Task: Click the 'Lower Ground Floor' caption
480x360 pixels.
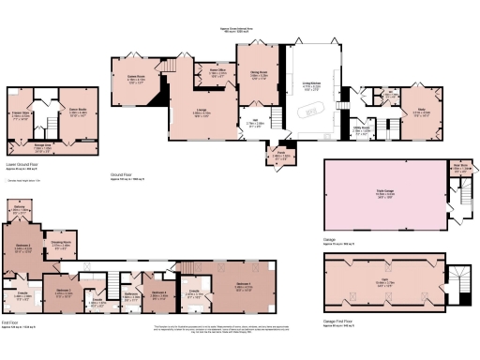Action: pyautogui.click(x=25, y=163)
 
